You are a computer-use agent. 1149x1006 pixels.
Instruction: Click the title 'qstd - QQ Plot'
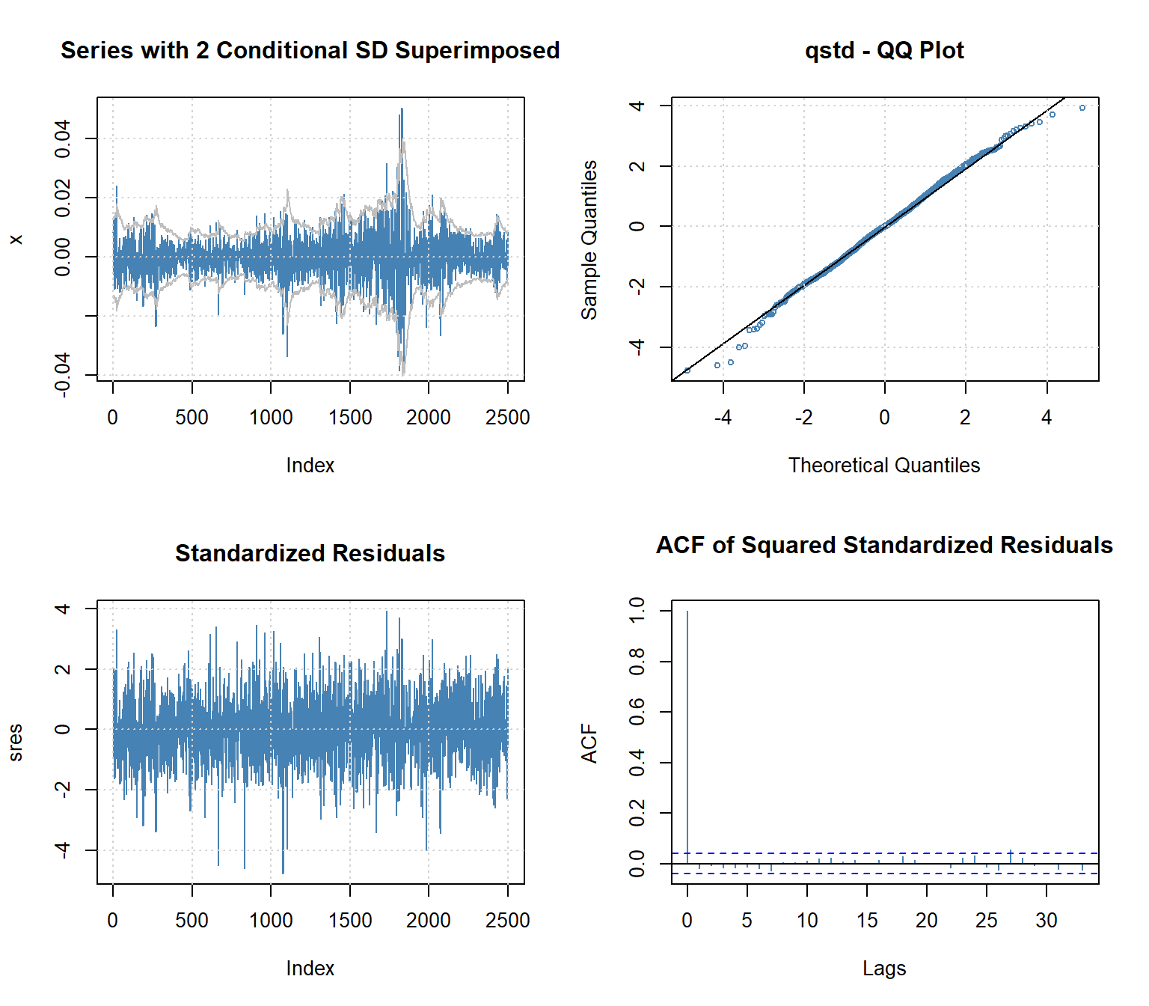884,51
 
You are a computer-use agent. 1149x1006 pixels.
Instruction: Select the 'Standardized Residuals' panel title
310,553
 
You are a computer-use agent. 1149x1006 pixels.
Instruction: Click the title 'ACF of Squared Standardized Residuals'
884,545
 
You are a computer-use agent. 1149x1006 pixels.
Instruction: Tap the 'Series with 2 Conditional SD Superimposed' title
310,51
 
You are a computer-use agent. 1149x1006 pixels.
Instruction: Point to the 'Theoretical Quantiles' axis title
884,466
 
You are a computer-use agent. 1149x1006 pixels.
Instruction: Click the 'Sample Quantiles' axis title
589,240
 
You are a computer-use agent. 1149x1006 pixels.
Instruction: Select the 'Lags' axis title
884,969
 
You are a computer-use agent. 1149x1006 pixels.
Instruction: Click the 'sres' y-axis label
15,743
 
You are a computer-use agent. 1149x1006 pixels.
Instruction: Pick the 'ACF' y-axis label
589,743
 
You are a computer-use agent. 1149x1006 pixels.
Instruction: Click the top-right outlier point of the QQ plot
1082,108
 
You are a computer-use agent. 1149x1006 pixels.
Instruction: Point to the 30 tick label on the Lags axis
1047,921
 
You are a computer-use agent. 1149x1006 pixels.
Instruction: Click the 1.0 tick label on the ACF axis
637,610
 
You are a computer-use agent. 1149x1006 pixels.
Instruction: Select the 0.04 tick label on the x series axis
63,138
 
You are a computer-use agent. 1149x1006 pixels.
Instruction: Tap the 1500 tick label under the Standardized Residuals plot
350,921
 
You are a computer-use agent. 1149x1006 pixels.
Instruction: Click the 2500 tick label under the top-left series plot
507,418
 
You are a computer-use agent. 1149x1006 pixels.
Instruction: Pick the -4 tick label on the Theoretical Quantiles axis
723,418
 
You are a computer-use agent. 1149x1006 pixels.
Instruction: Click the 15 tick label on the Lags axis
867,921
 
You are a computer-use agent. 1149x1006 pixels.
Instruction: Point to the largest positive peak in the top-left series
402,110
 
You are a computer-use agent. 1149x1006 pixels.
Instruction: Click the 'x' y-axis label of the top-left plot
15,240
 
